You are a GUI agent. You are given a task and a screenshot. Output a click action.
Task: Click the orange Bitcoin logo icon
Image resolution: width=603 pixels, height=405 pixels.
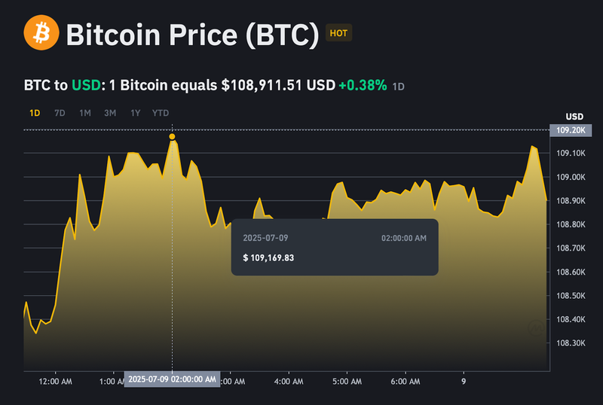click(x=41, y=34)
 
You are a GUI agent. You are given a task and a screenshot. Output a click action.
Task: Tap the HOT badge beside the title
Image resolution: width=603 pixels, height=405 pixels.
click(x=338, y=33)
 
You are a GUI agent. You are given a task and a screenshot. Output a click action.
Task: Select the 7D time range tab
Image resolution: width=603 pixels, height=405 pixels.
click(x=60, y=113)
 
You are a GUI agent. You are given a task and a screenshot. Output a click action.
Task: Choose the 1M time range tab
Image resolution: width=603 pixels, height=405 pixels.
click(x=85, y=113)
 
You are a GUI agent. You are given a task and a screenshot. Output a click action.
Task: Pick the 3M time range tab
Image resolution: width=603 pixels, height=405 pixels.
click(x=110, y=113)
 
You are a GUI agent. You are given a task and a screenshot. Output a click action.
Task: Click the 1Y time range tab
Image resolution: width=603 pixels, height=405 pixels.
click(x=135, y=113)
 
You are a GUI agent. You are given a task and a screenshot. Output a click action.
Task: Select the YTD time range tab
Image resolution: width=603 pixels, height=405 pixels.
click(x=161, y=113)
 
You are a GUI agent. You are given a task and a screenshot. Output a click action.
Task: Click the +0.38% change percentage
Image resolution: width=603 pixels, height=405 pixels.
click(x=363, y=85)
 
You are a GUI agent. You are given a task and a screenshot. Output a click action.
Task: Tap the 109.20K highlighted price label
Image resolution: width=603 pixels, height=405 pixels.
click(x=571, y=130)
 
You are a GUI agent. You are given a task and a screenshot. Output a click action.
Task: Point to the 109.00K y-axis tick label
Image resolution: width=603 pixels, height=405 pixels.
click(x=571, y=178)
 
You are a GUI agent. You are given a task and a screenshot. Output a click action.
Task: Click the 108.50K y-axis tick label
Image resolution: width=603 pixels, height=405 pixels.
click(x=571, y=296)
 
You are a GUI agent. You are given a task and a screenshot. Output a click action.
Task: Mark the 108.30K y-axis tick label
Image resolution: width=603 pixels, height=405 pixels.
click(x=571, y=343)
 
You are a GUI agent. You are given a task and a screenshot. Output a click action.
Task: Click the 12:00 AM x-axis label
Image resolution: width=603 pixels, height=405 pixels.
click(x=56, y=382)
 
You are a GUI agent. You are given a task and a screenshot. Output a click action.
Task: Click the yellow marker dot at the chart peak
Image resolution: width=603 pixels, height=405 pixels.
click(x=173, y=136)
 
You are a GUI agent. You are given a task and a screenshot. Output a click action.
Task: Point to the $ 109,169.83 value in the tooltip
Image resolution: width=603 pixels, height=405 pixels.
click(x=268, y=257)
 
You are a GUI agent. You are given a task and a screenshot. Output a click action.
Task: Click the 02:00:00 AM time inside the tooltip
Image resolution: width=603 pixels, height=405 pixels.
click(x=404, y=238)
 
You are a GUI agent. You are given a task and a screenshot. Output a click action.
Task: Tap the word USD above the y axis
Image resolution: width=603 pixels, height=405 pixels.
click(x=574, y=117)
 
